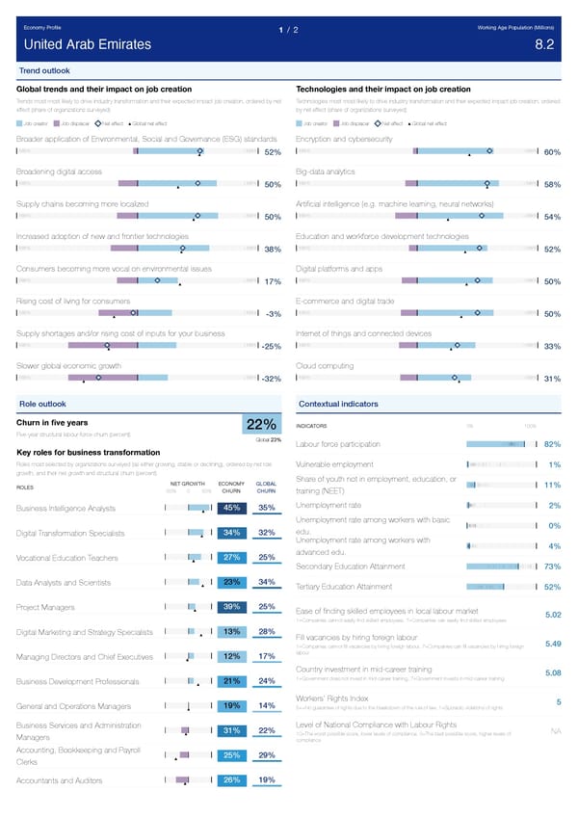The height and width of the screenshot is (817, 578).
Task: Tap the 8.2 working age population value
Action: coord(543,44)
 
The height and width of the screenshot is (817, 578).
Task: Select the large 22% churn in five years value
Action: coord(263,425)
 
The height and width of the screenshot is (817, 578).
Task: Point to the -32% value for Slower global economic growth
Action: coord(271,378)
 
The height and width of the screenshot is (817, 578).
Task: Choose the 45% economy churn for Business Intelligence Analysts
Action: coord(231,508)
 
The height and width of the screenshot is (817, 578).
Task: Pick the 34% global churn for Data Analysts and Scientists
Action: coord(268,582)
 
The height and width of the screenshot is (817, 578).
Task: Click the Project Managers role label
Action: coord(45,607)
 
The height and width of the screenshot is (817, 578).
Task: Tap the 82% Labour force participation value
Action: coord(552,444)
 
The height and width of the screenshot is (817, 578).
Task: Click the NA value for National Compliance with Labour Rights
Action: coord(556,757)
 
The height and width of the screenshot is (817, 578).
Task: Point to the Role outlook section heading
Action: coord(42,403)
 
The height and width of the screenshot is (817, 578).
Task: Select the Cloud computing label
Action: coord(326,365)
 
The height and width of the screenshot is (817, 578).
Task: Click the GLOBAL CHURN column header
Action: coord(267,487)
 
